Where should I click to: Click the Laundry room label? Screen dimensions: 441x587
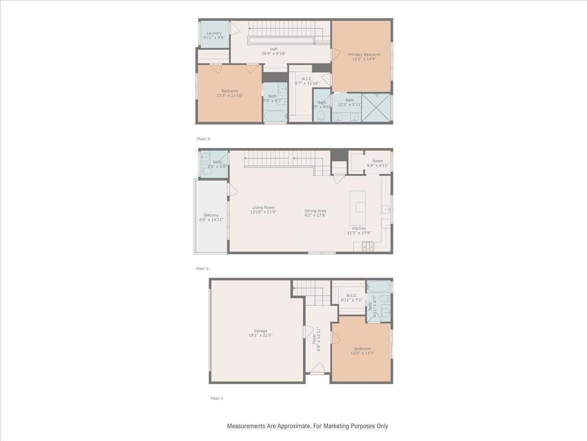[x=214, y=33]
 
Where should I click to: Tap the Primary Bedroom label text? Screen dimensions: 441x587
[x=364, y=54]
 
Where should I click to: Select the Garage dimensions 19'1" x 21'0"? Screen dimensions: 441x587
[x=260, y=336]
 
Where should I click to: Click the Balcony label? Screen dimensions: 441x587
[x=211, y=215]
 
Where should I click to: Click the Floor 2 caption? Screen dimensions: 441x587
[x=202, y=269]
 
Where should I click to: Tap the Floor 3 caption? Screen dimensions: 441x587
[x=203, y=139]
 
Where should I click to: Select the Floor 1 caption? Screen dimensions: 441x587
[x=217, y=398]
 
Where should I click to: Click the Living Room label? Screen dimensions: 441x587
[x=263, y=207]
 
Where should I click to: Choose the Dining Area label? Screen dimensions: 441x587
[x=315, y=211]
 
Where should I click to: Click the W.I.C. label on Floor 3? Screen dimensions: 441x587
[x=307, y=78]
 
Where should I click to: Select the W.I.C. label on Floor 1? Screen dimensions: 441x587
[x=352, y=295]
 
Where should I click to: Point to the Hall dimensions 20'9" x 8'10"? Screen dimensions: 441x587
[x=273, y=54]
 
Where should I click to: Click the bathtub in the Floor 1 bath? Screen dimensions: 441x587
[x=379, y=287]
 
